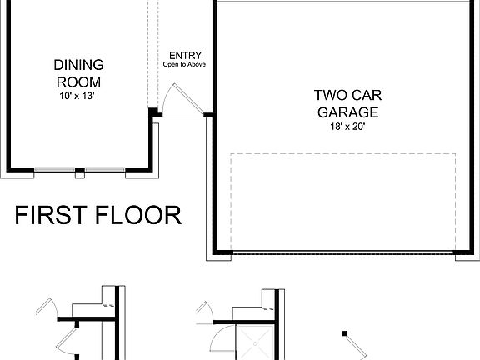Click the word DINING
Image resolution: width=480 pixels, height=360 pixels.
click(x=78, y=65)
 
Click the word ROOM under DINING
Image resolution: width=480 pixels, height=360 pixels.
click(x=78, y=82)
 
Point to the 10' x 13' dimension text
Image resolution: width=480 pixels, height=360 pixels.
click(x=78, y=96)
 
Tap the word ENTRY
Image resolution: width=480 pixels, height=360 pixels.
click(x=184, y=56)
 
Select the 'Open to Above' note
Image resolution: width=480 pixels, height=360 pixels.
click(x=184, y=65)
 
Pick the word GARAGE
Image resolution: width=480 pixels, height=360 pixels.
click(x=347, y=112)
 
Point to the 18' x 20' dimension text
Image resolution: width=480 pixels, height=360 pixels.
click(x=347, y=126)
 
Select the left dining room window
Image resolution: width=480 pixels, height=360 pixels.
click(x=55, y=172)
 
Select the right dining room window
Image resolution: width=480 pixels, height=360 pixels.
click(x=104, y=172)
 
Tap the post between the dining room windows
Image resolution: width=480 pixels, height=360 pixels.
click(x=80, y=172)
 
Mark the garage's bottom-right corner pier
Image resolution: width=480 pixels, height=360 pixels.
click(x=467, y=255)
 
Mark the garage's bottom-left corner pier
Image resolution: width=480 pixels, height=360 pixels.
click(x=217, y=255)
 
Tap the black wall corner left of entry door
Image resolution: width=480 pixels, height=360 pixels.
click(x=154, y=113)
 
